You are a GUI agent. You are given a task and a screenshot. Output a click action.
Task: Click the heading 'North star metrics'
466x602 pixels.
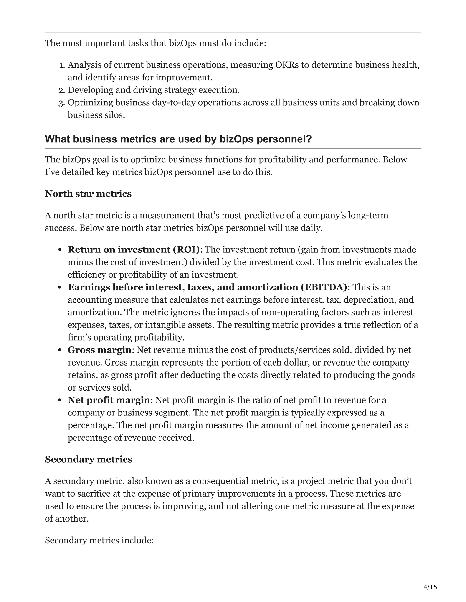[x=88, y=194]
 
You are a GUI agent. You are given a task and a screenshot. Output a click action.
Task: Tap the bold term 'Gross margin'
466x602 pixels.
[x=99, y=350]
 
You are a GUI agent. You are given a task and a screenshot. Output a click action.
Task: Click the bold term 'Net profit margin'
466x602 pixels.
[x=109, y=400]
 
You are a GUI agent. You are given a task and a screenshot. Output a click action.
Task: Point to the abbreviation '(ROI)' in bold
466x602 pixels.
[x=186, y=249]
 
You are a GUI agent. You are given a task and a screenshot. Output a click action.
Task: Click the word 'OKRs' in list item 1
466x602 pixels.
[x=287, y=65]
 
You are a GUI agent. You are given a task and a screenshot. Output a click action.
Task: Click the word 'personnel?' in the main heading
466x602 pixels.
[x=284, y=139]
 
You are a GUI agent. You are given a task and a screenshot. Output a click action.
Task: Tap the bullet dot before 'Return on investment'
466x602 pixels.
[x=60, y=250]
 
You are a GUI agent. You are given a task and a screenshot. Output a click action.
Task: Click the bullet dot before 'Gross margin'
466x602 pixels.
[x=60, y=350]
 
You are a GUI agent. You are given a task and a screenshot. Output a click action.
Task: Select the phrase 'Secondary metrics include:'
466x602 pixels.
[x=99, y=540]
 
